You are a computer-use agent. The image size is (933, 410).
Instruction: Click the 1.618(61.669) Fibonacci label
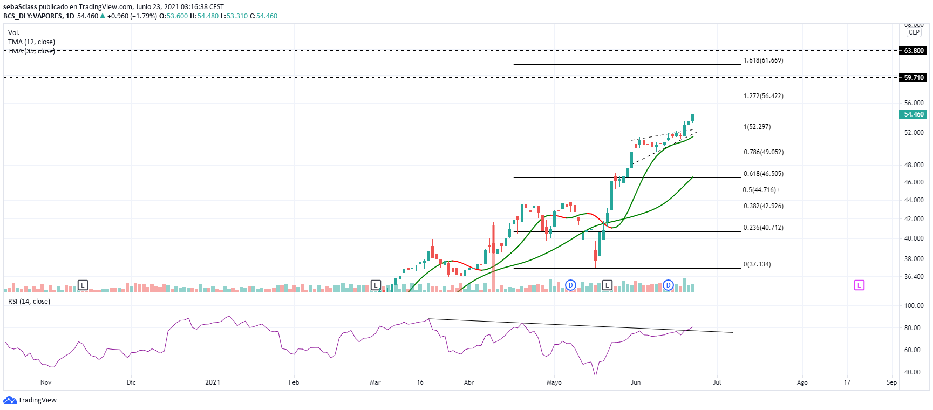763,60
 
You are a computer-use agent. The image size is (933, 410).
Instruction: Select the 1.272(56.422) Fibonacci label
763,96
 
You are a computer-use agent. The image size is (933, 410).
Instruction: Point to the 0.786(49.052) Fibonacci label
763,152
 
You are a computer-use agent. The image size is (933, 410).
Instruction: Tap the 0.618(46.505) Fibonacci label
763,174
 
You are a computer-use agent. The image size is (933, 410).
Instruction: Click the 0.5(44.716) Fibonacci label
759,190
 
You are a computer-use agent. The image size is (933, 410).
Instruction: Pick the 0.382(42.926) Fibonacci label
763,206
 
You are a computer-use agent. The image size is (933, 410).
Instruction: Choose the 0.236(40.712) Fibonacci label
763,228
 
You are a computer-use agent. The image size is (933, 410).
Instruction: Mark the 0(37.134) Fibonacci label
757,264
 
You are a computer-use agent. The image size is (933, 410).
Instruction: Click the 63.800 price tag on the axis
914,51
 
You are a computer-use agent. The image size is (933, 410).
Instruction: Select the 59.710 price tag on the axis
914,78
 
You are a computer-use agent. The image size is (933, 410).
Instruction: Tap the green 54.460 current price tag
914,114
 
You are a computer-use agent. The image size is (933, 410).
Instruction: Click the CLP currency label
914,32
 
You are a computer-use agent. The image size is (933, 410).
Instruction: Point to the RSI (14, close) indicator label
29,302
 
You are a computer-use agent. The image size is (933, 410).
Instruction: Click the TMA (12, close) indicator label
31,42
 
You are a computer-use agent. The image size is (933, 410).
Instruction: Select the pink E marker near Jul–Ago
859,285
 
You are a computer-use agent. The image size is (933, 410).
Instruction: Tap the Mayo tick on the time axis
554,382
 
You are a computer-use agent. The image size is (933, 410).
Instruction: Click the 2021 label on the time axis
213,382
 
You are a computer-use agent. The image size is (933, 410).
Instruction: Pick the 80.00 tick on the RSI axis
912,328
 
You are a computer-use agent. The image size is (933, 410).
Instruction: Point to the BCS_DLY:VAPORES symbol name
32,16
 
